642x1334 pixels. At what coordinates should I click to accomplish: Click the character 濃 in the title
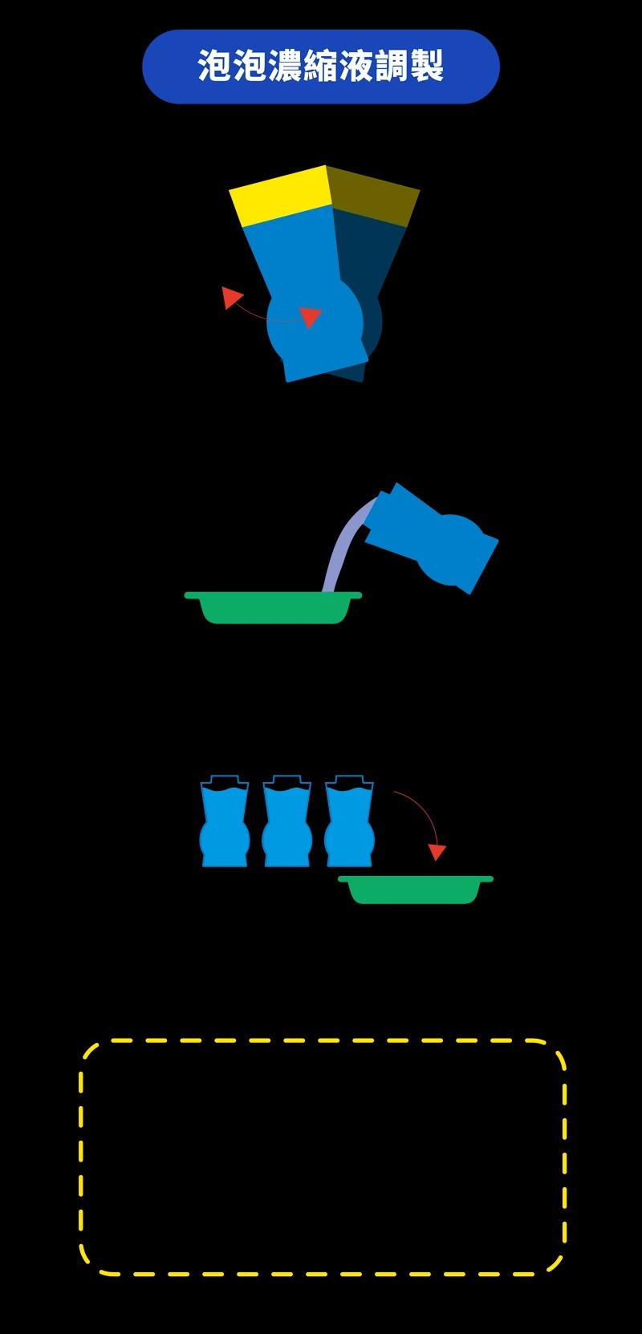[x=286, y=67]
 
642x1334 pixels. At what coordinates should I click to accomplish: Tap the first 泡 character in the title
[x=215, y=67]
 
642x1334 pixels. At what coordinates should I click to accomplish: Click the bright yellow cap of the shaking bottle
[x=281, y=195]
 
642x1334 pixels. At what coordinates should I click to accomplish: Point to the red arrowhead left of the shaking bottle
[x=231, y=298]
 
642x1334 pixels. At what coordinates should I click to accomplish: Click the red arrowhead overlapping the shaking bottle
[x=310, y=317]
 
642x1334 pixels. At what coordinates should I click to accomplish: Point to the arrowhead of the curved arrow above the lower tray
[x=437, y=851]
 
